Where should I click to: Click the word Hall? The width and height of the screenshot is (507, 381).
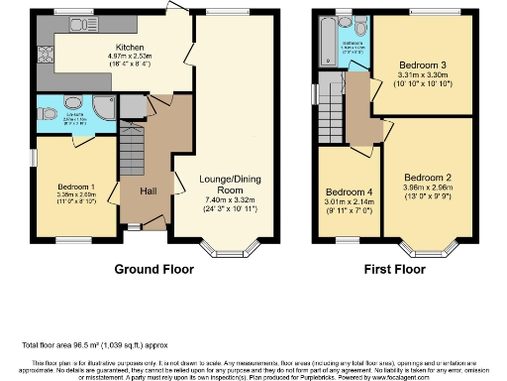pos(148,190)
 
